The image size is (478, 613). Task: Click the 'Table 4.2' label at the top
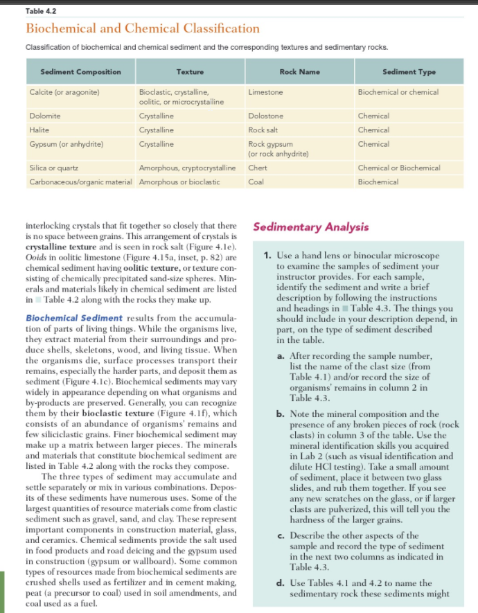click(x=38, y=10)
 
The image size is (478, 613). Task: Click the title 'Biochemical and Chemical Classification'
click(x=143, y=28)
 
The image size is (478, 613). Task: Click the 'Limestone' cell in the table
click(x=265, y=91)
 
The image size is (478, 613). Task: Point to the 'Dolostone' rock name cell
click(x=266, y=116)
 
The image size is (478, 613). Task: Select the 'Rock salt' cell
click(x=264, y=130)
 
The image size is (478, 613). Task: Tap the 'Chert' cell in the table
click(x=258, y=168)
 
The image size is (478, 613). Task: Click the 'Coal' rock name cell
click(x=256, y=181)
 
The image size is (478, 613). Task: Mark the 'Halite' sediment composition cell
click(x=39, y=130)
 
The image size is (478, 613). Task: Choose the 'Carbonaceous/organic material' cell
click(x=81, y=181)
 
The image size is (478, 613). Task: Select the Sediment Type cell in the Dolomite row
click(x=373, y=116)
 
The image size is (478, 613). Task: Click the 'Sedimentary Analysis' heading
click(x=311, y=226)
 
